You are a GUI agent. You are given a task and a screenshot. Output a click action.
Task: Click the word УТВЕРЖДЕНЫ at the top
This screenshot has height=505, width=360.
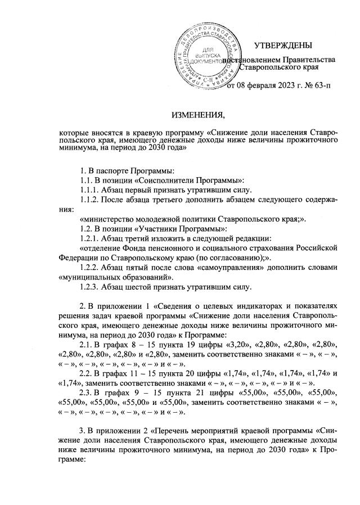(281, 45)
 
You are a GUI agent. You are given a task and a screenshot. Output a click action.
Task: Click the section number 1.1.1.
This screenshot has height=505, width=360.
(93, 191)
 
